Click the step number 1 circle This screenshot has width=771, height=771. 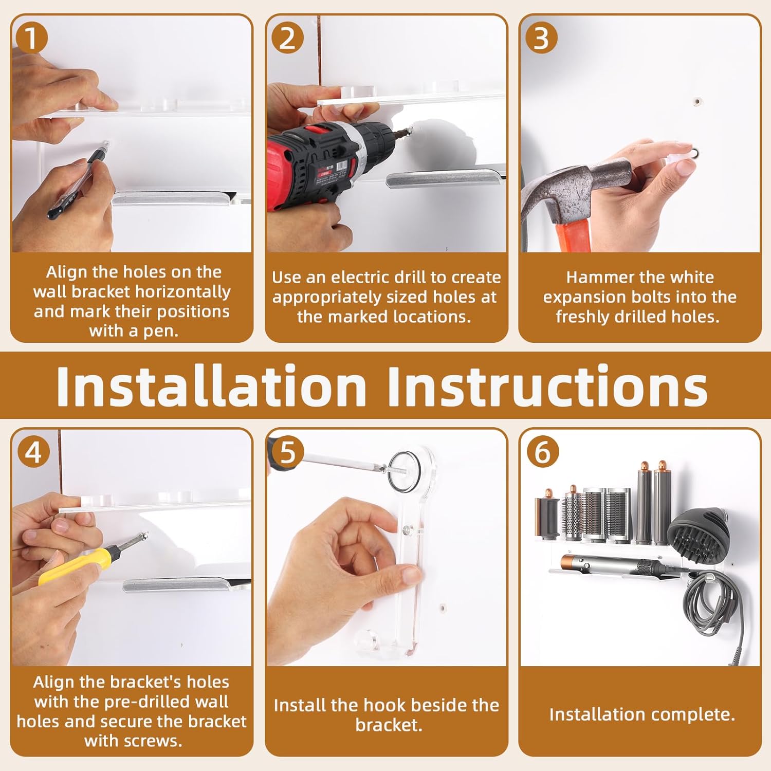(x=31, y=39)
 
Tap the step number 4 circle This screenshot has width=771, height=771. (x=33, y=452)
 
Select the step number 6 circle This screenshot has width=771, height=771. (x=542, y=452)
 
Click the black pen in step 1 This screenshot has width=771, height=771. (x=77, y=185)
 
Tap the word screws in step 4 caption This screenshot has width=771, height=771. (x=154, y=741)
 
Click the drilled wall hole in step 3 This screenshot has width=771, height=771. (x=696, y=102)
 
